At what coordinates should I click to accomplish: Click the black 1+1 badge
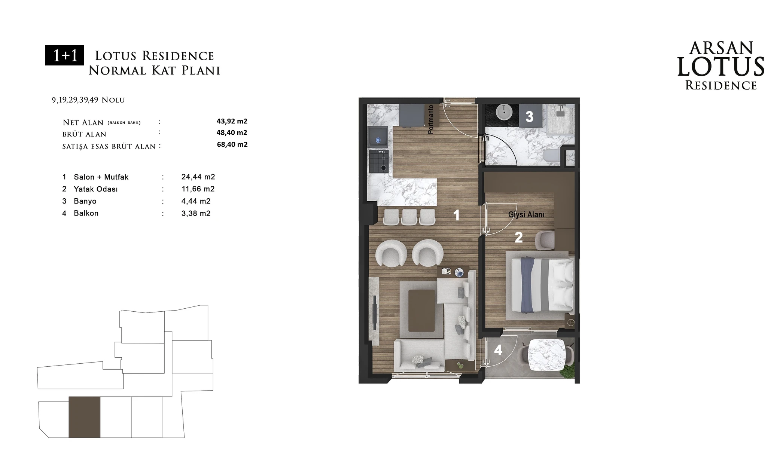click(64, 55)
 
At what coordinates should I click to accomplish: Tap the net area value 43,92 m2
click(232, 121)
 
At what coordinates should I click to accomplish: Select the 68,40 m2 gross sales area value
click(232, 144)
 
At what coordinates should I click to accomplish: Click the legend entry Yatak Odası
click(96, 189)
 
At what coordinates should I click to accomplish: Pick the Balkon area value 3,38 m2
click(196, 213)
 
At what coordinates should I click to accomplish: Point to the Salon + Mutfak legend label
click(101, 177)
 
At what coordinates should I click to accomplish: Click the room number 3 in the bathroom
click(529, 117)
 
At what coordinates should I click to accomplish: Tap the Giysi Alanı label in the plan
click(526, 215)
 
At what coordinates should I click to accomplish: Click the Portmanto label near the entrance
click(431, 119)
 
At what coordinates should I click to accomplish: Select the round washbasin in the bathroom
click(504, 112)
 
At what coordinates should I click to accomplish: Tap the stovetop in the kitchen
click(378, 161)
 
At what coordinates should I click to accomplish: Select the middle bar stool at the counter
click(409, 217)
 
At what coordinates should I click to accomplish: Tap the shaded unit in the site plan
click(85, 417)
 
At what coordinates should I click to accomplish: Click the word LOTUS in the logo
click(721, 67)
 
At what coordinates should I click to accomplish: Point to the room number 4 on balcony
click(498, 350)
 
